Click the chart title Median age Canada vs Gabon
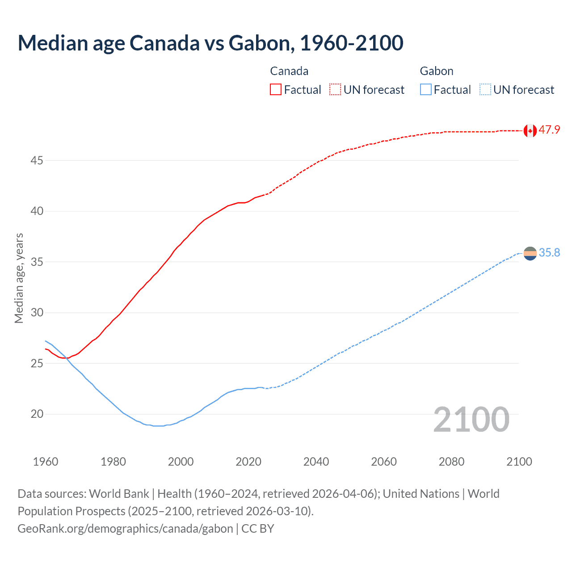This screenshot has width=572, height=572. pyautogui.click(x=210, y=43)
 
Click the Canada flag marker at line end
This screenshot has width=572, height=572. pyautogui.click(x=530, y=130)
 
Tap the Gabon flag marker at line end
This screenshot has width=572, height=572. pyautogui.click(x=530, y=253)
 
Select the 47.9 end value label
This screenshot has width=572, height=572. pyautogui.click(x=549, y=130)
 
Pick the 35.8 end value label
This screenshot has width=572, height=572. pyautogui.click(x=549, y=253)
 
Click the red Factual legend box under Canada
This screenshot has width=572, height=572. pyautogui.click(x=276, y=89)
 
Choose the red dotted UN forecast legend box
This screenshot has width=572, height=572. pyautogui.click(x=335, y=89)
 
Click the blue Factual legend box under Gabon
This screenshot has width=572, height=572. pyautogui.click(x=426, y=89)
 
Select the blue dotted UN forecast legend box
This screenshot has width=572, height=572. pyautogui.click(x=485, y=89)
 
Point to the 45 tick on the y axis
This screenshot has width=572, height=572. pyautogui.click(x=37, y=160)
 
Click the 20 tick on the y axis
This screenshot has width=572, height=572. pyautogui.click(x=37, y=414)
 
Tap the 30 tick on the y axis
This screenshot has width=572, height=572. pyautogui.click(x=37, y=313)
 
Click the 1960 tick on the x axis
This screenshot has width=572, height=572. pyautogui.click(x=46, y=462)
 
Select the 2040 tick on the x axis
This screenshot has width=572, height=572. pyautogui.click(x=316, y=462)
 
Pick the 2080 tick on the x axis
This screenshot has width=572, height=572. pyautogui.click(x=451, y=462)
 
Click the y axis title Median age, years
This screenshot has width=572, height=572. pyautogui.click(x=19, y=278)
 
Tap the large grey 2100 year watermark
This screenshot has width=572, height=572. pyautogui.click(x=471, y=420)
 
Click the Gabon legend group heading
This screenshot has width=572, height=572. pyautogui.click(x=437, y=71)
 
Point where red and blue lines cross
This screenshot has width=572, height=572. pyautogui.click(x=68, y=358)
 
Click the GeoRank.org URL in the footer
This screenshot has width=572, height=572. pyautogui.click(x=125, y=529)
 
